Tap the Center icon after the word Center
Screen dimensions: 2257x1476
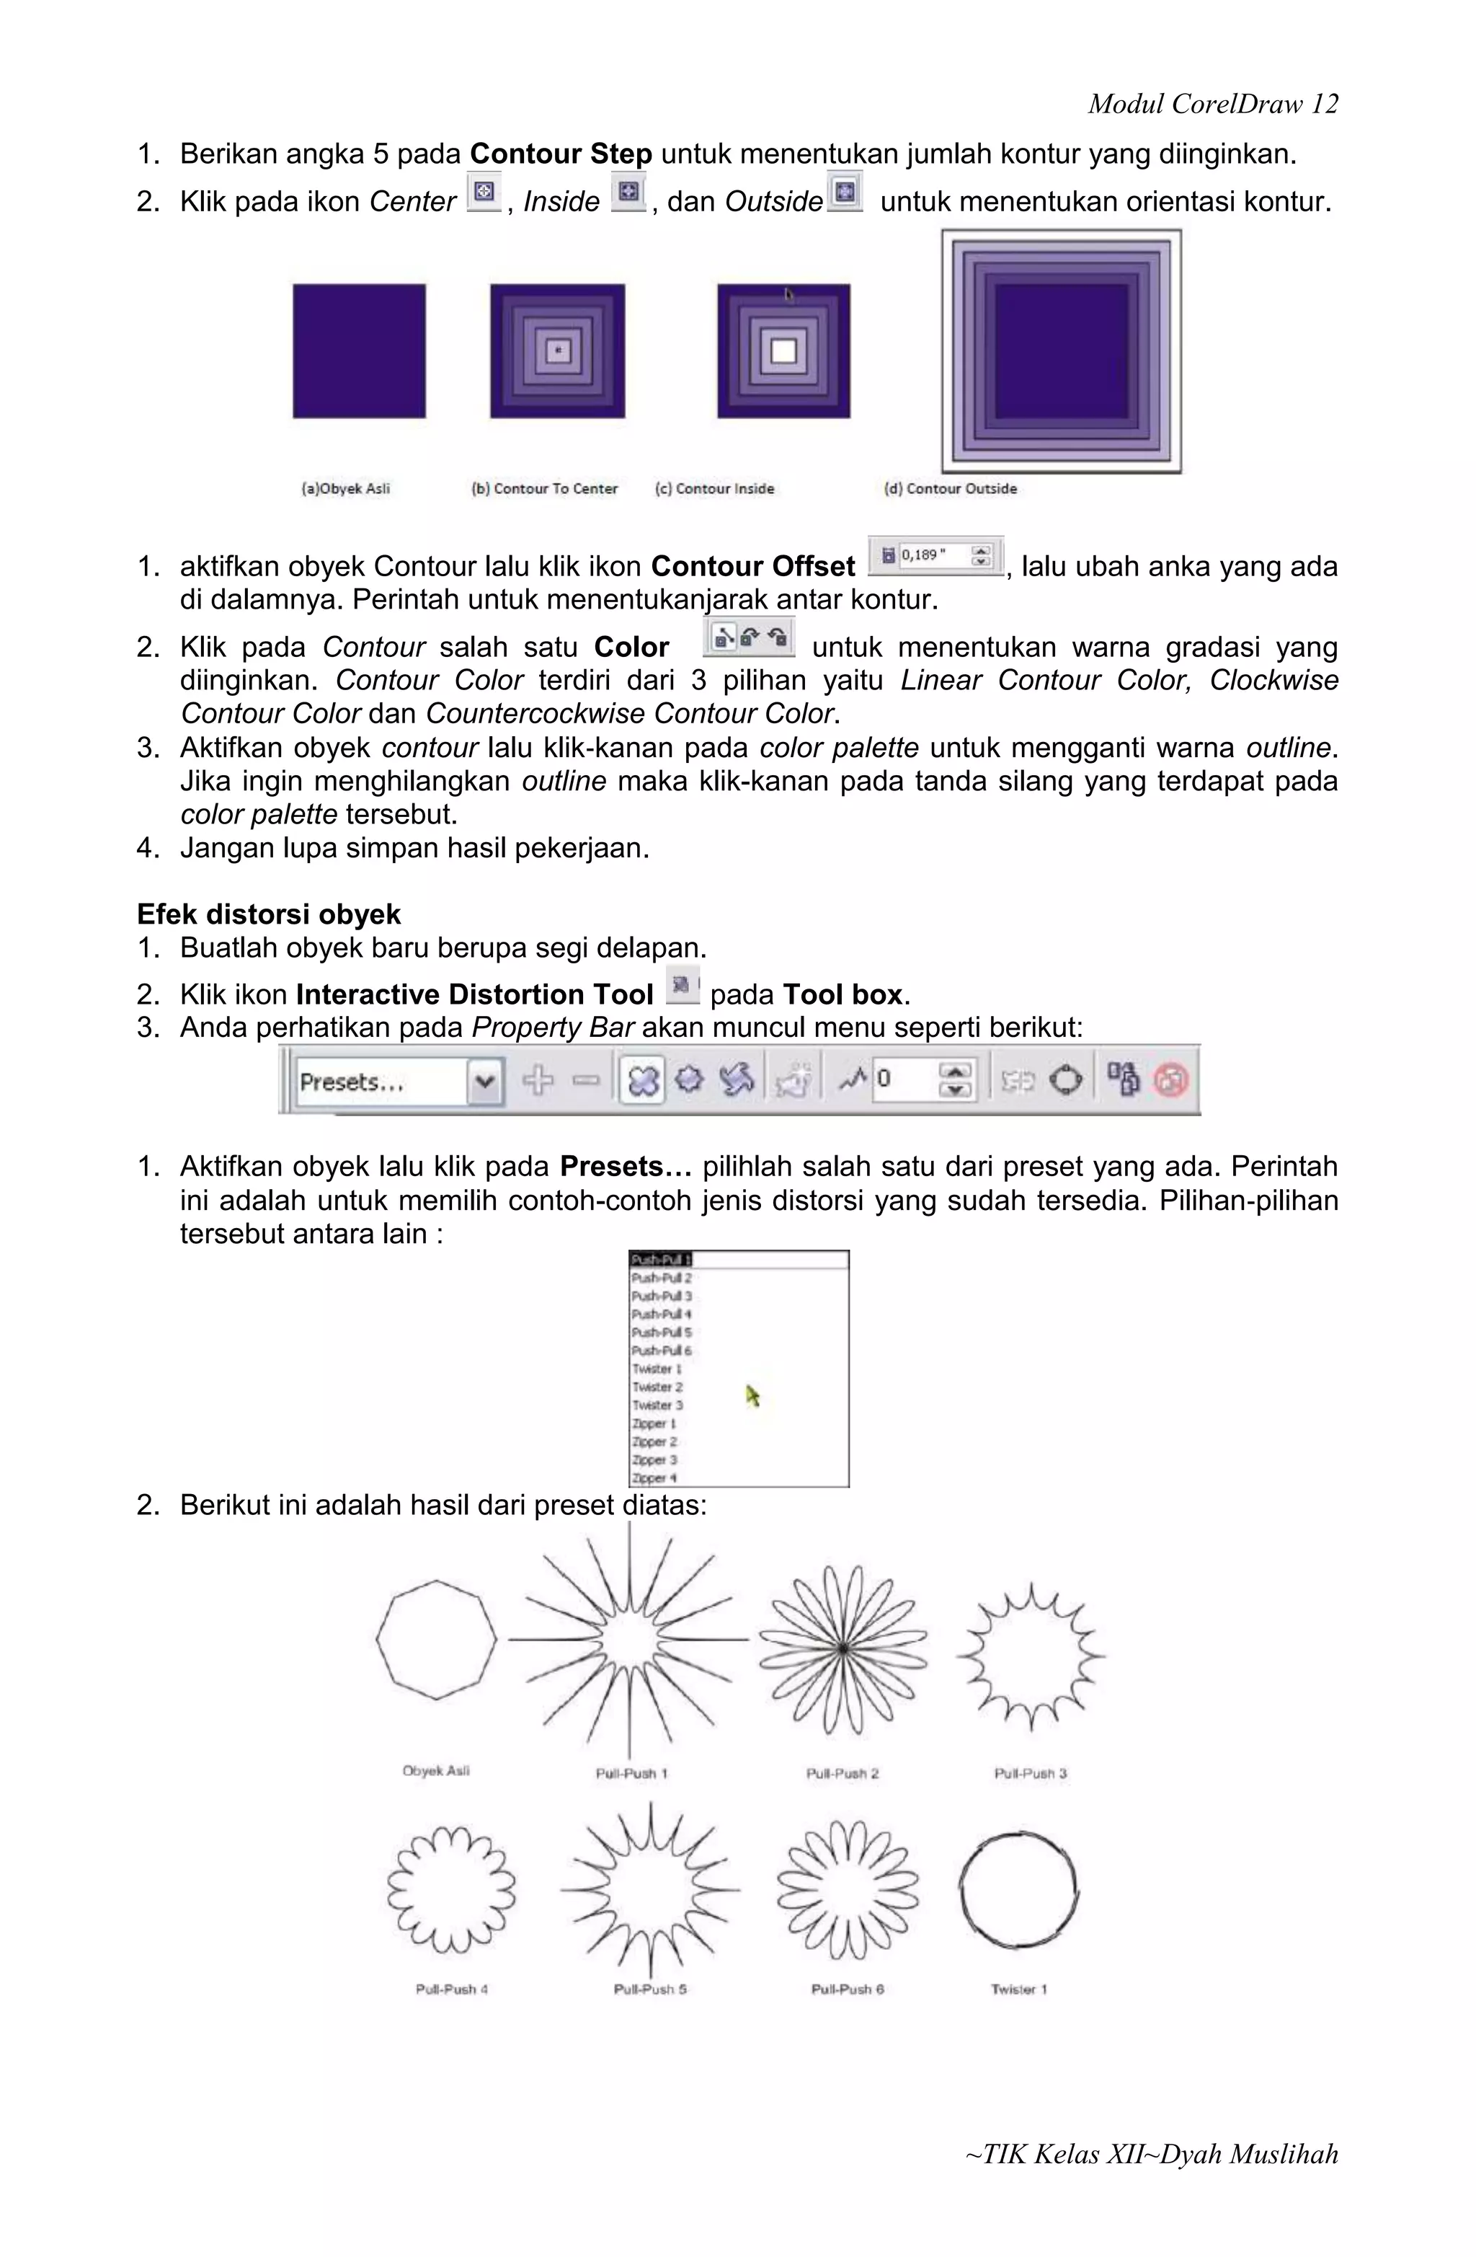click(484, 193)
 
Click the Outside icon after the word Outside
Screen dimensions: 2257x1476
click(845, 193)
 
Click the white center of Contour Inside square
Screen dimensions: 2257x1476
click(783, 352)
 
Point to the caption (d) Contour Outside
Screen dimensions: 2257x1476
click(950, 488)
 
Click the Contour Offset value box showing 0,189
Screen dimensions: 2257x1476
click(935, 556)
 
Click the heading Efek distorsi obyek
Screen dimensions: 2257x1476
click(268, 914)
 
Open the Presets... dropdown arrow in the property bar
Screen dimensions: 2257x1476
click(484, 1081)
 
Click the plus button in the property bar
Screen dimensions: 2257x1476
click(538, 1080)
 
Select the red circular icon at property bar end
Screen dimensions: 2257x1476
click(1170, 1080)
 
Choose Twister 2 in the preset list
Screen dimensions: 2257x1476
click(657, 1387)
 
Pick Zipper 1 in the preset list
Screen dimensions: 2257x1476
click(654, 1423)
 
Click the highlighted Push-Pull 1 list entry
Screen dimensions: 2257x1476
click(662, 1259)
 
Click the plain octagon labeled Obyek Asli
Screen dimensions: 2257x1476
click(435, 1640)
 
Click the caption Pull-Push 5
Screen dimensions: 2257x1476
click(649, 1989)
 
